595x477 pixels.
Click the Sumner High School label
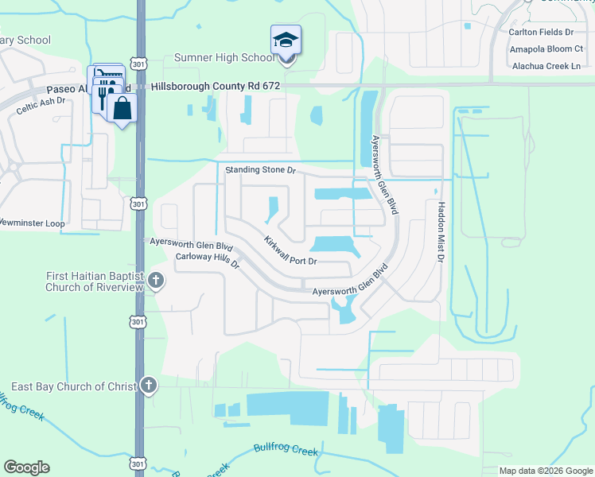[x=224, y=58]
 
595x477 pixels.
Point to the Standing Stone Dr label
[x=260, y=170]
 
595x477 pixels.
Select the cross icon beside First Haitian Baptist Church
[x=156, y=281]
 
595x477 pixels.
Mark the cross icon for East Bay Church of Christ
[x=149, y=386]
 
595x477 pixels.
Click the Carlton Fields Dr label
[x=541, y=33]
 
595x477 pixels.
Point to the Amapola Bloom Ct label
[x=546, y=49]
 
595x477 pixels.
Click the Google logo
[x=26, y=467]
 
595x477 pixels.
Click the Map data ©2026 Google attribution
[x=546, y=471]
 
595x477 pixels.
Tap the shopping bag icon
[x=123, y=108]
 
